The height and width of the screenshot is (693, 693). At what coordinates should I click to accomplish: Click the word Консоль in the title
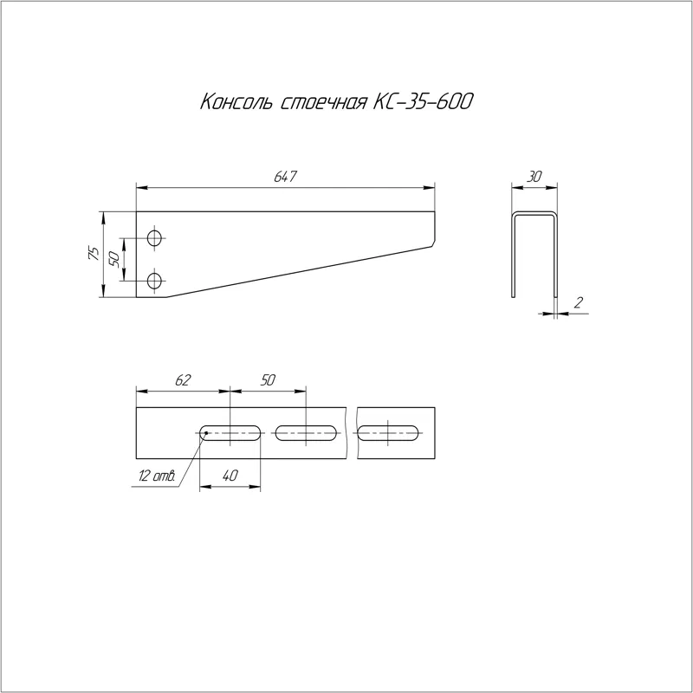tap(237, 101)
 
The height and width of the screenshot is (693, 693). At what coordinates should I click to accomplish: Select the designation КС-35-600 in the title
tap(423, 101)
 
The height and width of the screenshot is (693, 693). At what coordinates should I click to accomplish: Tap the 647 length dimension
tap(285, 177)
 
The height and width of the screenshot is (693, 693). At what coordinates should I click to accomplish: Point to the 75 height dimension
tap(94, 253)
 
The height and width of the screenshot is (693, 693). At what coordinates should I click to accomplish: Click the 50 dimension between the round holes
tap(113, 258)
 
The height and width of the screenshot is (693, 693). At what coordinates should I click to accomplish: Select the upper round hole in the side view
tap(155, 238)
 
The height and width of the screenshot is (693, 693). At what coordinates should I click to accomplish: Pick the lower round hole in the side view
tap(155, 281)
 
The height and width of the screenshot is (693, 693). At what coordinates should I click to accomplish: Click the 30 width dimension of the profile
tap(534, 177)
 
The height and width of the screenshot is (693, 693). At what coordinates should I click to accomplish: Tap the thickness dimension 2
tap(578, 302)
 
